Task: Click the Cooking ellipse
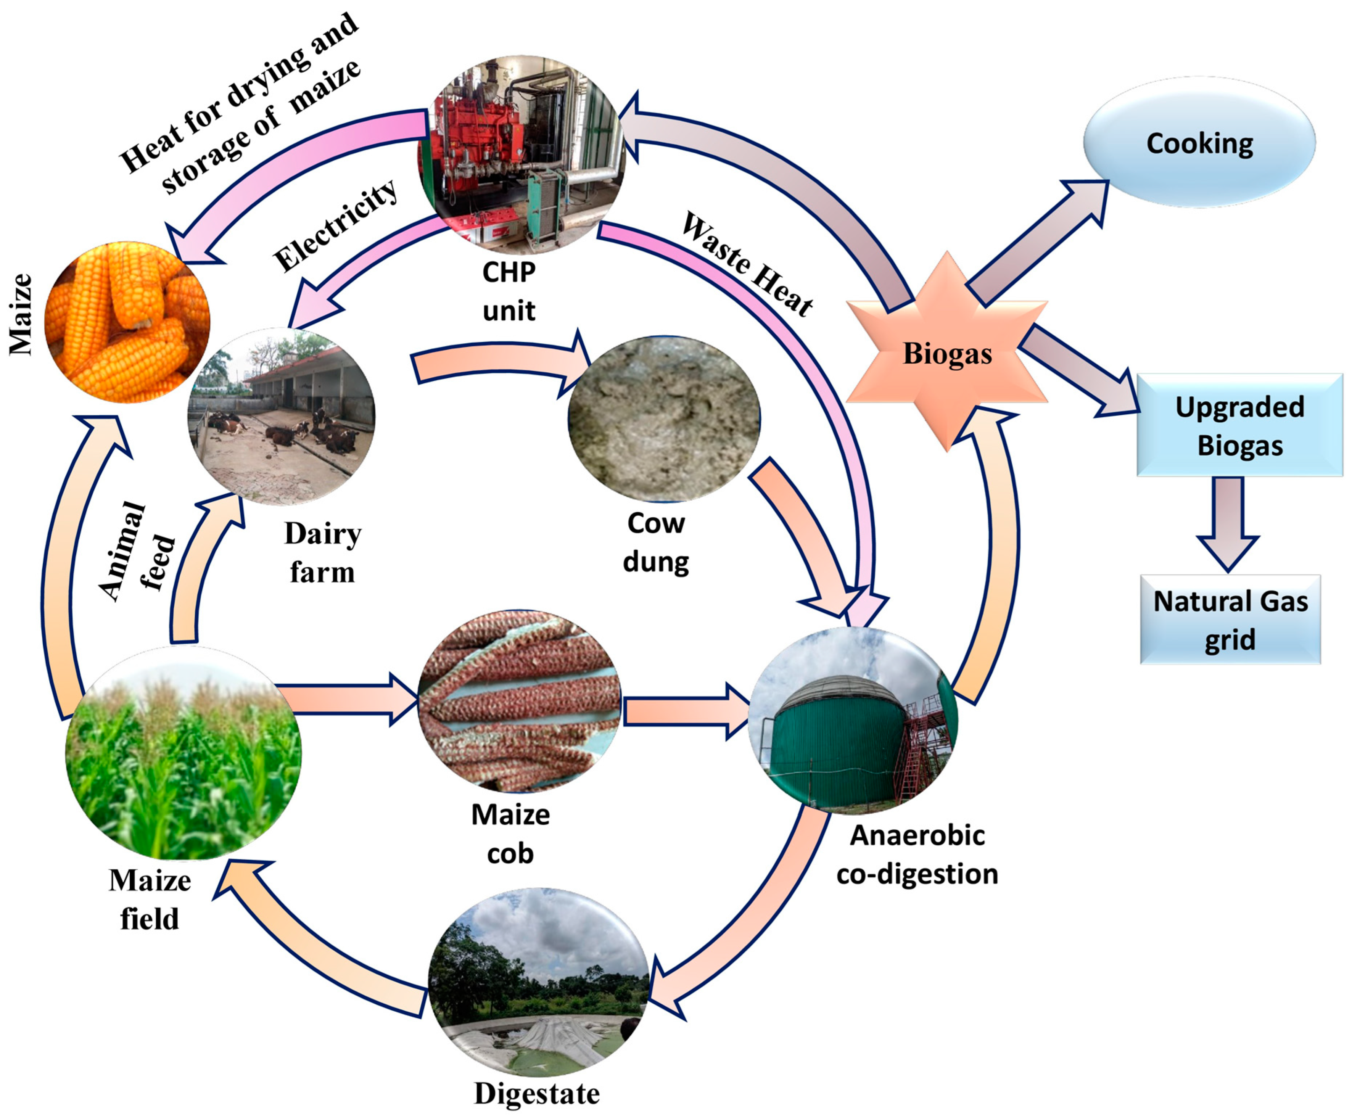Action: click(1199, 143)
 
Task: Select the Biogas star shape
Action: click(946, 353)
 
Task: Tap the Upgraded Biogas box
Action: click(1239, 425)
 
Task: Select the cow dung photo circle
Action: click(663, 418)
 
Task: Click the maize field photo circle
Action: click(183, 753)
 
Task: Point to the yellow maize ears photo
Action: click(127, 322)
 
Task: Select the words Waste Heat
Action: click(747, 264)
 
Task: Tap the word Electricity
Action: click(335, 225)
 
